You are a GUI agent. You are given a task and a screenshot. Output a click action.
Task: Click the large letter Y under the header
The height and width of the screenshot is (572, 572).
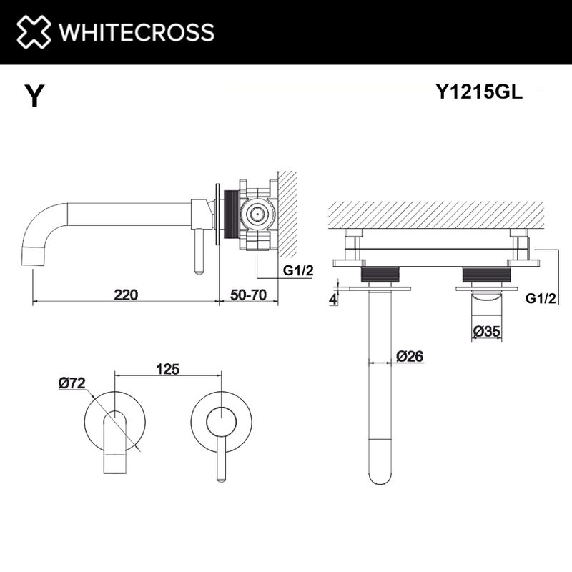tap(34, 96)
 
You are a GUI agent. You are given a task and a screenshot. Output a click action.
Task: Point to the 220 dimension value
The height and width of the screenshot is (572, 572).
tap(125, 294)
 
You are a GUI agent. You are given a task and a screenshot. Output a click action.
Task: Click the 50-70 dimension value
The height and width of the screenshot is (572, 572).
tap(248, 294)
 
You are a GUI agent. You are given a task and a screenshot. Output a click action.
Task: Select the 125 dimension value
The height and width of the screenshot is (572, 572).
tap(167, 370)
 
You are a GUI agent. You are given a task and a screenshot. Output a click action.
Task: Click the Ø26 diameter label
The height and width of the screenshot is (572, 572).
tap(410, 355)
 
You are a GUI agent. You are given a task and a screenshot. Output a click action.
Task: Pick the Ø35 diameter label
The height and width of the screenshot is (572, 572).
tap(486, 330)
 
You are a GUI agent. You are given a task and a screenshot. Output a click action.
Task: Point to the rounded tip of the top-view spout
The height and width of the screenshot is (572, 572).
tap(380, 475)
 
